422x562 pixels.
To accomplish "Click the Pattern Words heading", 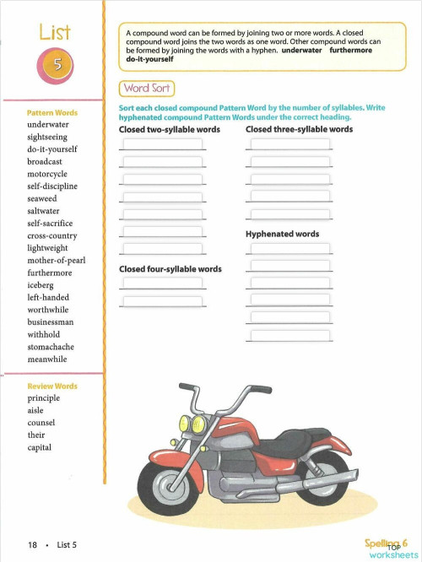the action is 52,112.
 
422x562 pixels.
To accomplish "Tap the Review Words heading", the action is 52,386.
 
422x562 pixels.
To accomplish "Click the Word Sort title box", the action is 148,88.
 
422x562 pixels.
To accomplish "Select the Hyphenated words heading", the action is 282,234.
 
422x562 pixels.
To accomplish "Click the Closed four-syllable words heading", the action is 170,269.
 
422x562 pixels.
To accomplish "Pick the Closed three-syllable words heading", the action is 299,130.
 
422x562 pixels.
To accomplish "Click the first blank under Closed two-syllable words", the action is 163,144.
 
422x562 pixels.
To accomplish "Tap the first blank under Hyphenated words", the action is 289,248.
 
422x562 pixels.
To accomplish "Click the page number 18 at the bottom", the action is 32,545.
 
